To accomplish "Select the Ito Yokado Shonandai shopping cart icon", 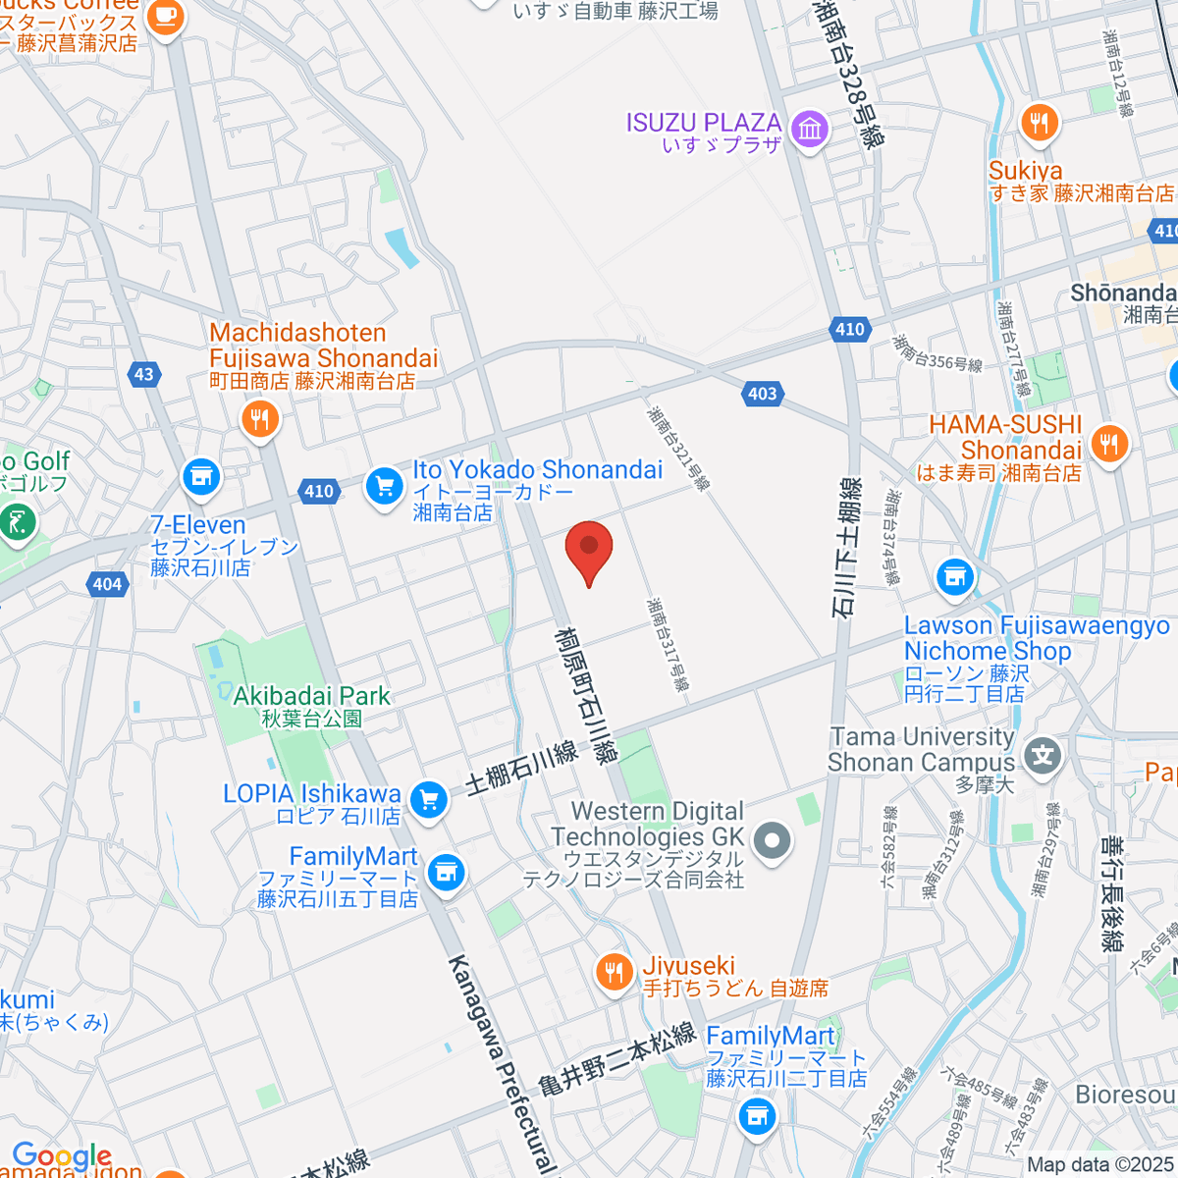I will [x=384, y=486].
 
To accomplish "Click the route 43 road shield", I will [x=144, y=374].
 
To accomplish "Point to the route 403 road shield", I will [x=763, y=394].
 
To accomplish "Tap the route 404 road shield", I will [x=107, y=584].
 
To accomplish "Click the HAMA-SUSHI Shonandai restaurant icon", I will [x=1109, y=443].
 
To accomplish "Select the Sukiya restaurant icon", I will [x=1039, y=123].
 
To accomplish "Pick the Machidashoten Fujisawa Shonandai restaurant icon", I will [x=259, y=420].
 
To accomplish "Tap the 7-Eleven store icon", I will [x=201, y=477].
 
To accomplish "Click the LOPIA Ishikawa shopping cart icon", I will [x=428, y=799].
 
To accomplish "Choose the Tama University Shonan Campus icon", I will [x=1043, y=755].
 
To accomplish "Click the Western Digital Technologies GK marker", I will [x=773, y=839].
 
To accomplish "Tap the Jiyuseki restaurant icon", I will [x=615, y=972].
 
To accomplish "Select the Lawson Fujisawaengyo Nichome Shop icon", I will [x=954, y=577].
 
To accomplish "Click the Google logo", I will [x=62, y=1155].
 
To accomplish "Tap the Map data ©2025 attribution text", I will [x=1099, y=1165].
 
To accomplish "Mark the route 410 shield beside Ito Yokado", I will [x=319, y=491].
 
